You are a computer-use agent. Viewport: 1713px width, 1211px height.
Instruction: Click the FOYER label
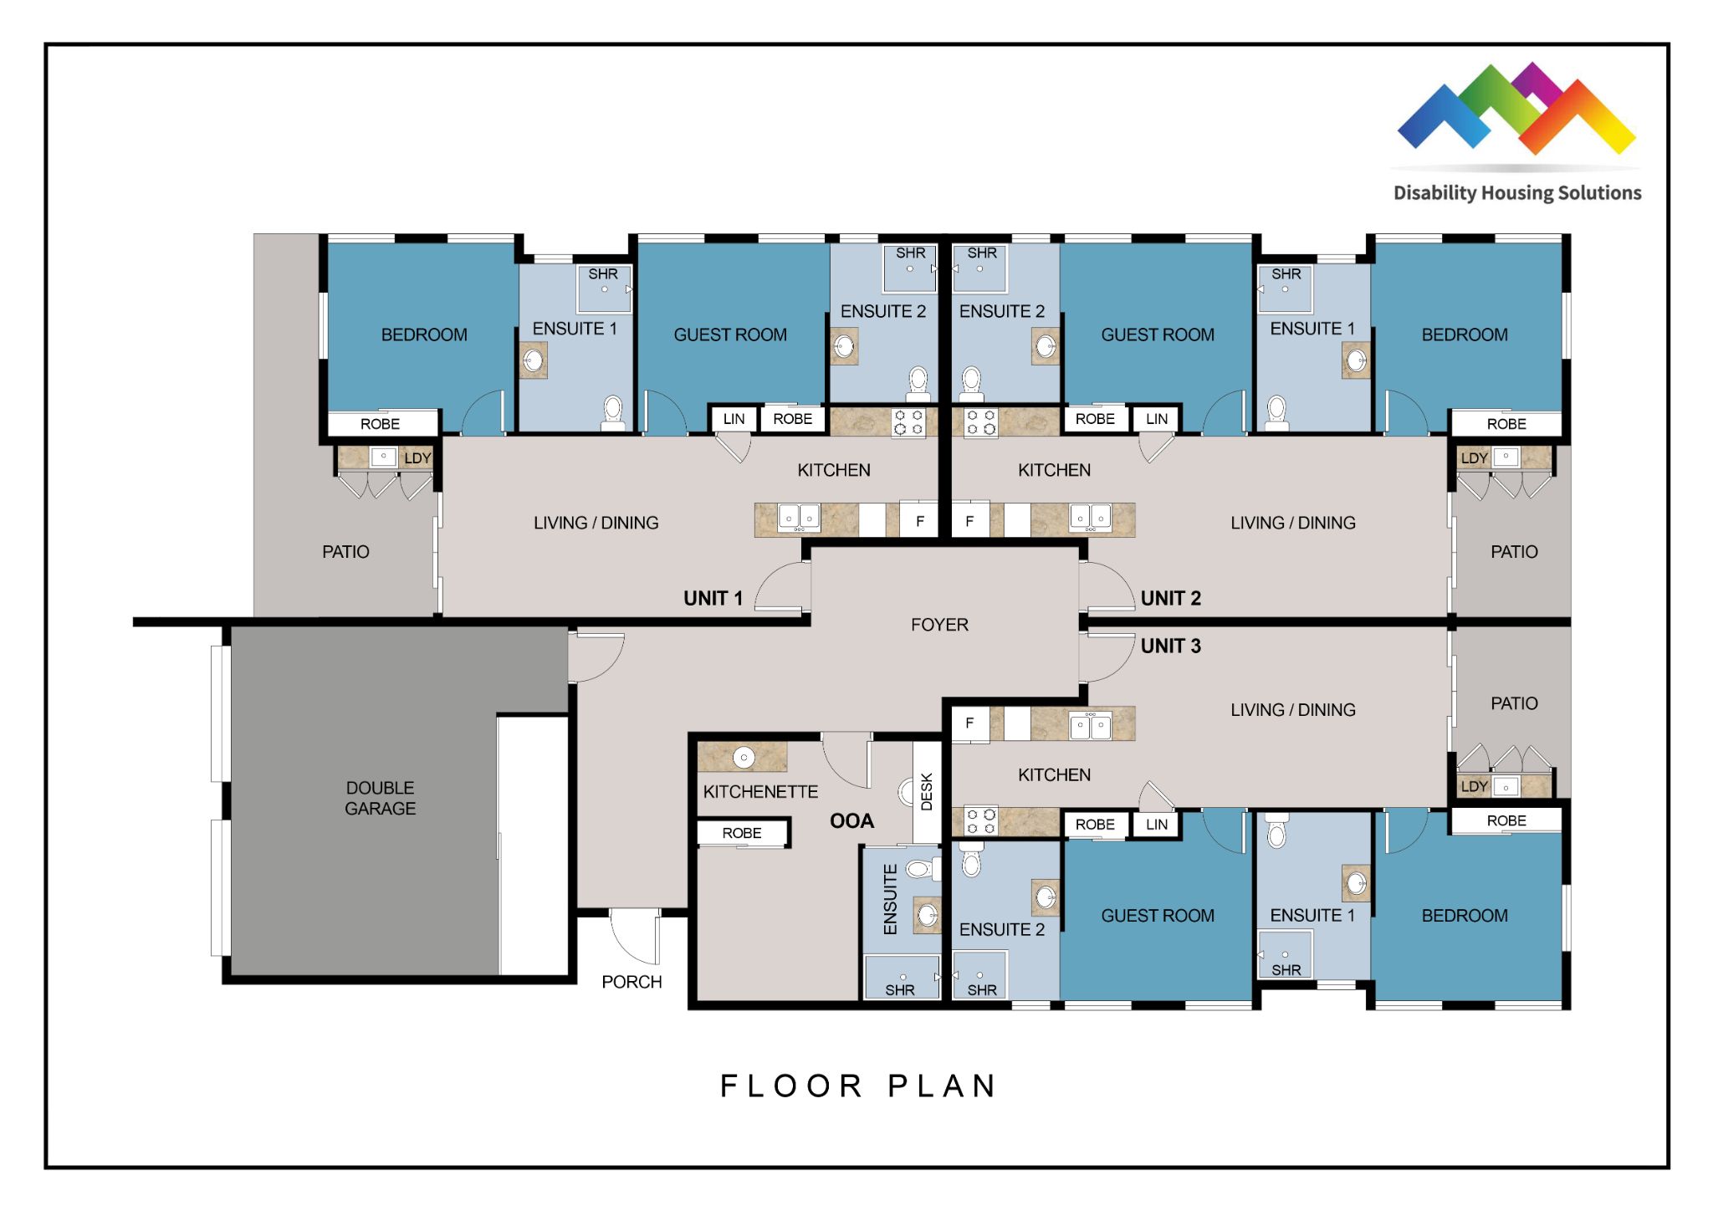coord(939,625)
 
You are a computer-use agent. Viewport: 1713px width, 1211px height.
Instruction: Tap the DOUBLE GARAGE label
coord(381,798)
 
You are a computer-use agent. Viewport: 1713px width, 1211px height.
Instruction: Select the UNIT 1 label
coord(713,598)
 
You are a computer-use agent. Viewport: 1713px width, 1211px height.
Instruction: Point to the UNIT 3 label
coord(1170,646)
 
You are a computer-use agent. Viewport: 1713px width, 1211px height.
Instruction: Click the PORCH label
coord(632,982)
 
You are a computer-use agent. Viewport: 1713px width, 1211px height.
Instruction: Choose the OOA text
coord(851,821)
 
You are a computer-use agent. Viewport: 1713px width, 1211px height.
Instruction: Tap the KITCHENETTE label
coord(760,792)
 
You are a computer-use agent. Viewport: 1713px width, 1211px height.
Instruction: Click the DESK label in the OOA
coord(927,791)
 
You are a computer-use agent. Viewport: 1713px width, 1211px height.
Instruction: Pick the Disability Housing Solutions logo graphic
coord(1516,109)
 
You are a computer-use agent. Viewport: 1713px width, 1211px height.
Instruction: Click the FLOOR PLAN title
coord(858,1086)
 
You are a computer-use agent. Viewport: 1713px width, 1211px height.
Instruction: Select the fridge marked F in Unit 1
coord(920,520)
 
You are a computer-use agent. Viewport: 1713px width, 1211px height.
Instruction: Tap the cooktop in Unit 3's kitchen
coord(981,821)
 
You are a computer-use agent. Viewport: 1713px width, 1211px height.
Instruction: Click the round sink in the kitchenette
coord(744,758)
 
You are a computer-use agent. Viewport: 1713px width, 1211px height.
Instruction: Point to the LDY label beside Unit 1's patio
coord(417,458)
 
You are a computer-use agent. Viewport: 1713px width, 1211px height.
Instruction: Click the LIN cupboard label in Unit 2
coord(1157,419)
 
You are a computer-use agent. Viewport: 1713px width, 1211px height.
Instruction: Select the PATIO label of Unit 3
coord(1514,703)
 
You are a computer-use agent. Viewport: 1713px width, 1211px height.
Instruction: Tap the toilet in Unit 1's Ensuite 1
coord(613,413)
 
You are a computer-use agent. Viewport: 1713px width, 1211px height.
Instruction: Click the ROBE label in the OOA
coord(742,833)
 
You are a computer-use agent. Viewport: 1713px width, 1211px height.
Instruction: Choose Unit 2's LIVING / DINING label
coord(1292,523)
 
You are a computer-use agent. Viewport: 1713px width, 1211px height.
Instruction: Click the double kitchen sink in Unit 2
coord(1091,519)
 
